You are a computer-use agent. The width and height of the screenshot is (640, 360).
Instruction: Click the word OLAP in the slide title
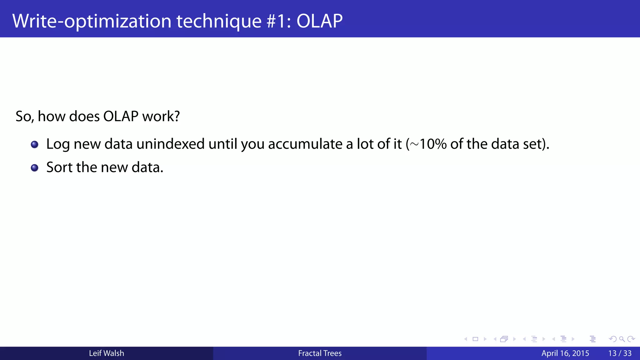[319, 21]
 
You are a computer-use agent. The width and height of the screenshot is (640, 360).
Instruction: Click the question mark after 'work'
[177, 116]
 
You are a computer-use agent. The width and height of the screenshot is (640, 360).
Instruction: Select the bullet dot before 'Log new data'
[34, 144]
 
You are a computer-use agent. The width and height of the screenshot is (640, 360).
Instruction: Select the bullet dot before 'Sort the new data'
[34, 168]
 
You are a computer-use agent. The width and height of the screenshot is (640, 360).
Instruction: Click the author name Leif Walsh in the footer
[106, 353]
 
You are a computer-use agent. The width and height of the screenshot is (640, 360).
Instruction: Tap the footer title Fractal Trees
[320, 353]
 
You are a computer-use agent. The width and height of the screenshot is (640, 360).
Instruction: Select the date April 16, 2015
[565, 353]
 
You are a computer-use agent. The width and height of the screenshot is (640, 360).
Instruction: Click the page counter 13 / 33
[620, 353]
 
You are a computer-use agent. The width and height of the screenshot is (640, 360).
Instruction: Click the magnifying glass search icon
[622, 339]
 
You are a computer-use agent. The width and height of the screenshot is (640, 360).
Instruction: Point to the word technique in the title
[219, 21]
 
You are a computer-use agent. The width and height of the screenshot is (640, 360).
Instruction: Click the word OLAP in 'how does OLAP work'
[121, 116]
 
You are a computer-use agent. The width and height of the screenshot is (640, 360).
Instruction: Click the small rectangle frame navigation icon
[475, 339]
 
